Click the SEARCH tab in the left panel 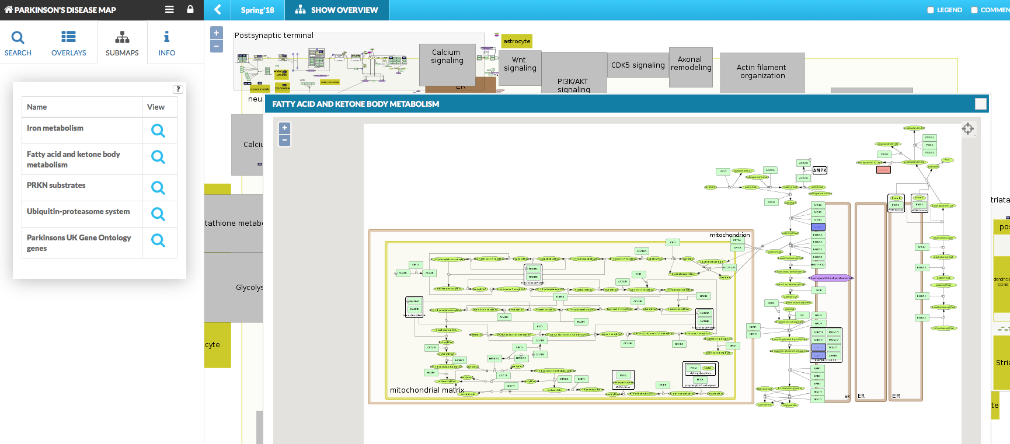18,43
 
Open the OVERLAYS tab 68,43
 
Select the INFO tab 166,43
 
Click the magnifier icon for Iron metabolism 158,131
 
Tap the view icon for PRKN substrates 158,188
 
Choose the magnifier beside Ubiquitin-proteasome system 158,214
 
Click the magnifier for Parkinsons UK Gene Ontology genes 158,240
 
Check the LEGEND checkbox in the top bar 931,10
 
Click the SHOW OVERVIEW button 337,10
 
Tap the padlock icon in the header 190,9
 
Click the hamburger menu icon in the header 169,9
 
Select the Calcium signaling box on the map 447,57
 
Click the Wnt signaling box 520,64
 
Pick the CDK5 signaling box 638,65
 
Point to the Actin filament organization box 762,72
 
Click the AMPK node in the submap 820,170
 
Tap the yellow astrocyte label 517,41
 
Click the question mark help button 178,89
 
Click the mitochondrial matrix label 427,390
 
